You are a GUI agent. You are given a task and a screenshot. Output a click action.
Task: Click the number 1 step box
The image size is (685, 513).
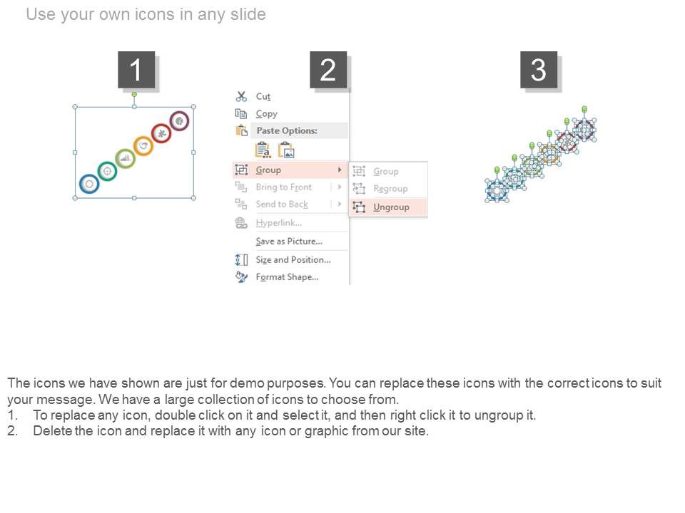pyautogui.click(x=136, y=70)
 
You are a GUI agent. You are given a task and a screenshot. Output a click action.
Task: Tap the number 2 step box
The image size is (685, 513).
pyautogui.click(x=328, y=70)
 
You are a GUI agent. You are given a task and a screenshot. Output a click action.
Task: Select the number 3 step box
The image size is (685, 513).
pyautogui.click(x=539, y=70)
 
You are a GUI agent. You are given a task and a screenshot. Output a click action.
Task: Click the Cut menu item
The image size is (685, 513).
pyautogui.click(x=263, y=96)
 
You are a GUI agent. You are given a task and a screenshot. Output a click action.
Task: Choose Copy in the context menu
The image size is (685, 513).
pyautogui.click(x=266, y=114)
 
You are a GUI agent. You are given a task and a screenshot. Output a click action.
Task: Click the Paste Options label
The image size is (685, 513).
pyautogui.click(x=287, y=130)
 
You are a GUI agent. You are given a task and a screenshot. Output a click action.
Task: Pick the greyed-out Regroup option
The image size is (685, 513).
pyautogui.click(x=390, y=188)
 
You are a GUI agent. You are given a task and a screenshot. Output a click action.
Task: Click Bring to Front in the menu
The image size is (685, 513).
pyautogui.click(x=284, y=187)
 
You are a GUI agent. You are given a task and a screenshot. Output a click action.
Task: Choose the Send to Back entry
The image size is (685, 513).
pyautogui.click(x=282, y=204)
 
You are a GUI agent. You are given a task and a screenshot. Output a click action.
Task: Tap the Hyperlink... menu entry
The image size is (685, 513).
pyautogui.click(x=279, y=223)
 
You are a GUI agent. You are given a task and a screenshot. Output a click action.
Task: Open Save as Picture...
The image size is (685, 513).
pyautogui.click(x=289, y=242)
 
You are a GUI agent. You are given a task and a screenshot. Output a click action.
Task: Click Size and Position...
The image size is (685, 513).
pyautogui.click(x=293, y=259)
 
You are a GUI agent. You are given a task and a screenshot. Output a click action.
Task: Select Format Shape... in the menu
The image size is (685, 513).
pyautogui.click(x=287, y=277)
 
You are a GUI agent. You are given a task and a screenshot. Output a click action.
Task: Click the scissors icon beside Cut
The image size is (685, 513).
pyautogui.click(x=241, y=96)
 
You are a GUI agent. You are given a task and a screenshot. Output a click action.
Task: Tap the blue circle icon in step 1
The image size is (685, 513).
pyautogui.click(x=89, y=184)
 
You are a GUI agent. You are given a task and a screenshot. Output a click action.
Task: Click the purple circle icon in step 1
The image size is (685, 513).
pyautogui.click(x=179, y=121)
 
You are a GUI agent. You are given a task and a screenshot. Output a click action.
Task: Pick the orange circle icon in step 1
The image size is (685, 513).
pyautogui.click(x=143, y=146)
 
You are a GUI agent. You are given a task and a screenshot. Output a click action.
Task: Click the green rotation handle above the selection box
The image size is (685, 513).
pyautogui.click(x=134, y=94)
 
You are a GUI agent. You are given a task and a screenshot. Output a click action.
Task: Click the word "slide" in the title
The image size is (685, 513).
pyautogui.click(x=248, y=14)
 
